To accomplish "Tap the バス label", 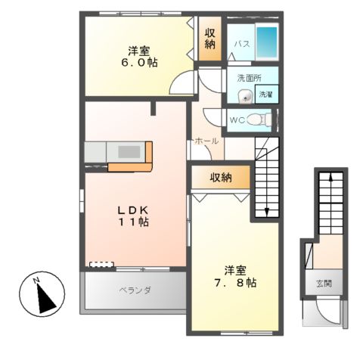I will click(240, 45).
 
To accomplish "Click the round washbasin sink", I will click(244, 96).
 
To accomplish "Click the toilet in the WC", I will click(257, 119).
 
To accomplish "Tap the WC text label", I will click(235, 120).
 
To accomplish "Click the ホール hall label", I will click(206, 141).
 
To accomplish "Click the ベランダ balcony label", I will click(135, 290).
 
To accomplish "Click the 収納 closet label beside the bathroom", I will click(209, 39).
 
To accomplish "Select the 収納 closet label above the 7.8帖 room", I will click(220, 178).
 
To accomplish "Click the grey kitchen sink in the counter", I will click(130, 152).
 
